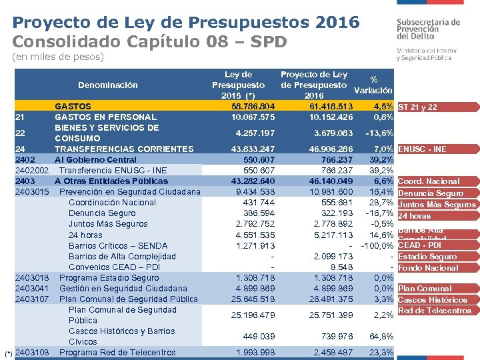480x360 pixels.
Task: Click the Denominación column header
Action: coord(108,85)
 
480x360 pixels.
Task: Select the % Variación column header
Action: coord(373,85)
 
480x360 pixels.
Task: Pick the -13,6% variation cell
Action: coord(377,133)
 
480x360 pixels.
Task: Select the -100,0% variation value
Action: coord(377,245)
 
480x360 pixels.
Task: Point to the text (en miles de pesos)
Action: coord(59,57)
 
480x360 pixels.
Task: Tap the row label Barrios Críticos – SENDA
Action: coord(118,245)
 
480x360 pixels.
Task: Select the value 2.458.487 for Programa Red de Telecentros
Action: coord(331,353)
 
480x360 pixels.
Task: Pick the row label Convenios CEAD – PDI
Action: coord(114,267)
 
